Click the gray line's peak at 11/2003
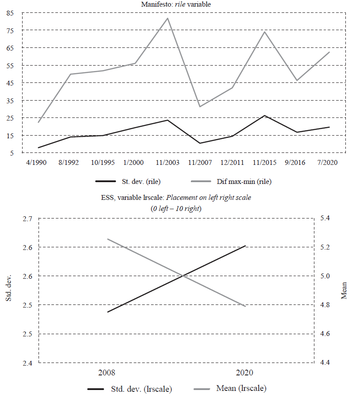point(167,18)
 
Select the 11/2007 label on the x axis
point(199,163)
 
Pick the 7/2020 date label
point(329,163)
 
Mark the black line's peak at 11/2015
point(264,116)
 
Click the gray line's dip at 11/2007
point(200,106)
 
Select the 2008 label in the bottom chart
point(108,372)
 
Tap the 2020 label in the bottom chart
point(245,372)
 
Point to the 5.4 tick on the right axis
point(325,219)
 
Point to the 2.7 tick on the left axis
point(27,219)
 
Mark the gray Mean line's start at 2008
point(108,239)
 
